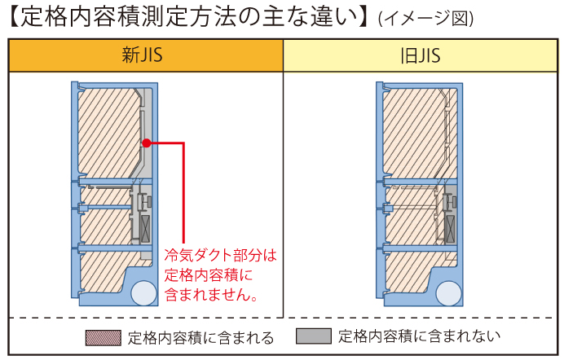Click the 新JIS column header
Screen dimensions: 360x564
point(146,56)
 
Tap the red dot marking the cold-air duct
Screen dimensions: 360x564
point(146,143)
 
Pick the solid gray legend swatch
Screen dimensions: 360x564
point(314,336)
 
